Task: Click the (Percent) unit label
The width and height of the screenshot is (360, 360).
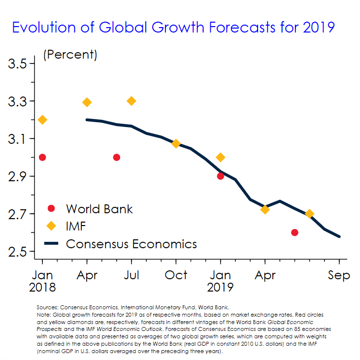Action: (x=70, y=55)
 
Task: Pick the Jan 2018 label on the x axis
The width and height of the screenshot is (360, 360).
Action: (x=42, y=280)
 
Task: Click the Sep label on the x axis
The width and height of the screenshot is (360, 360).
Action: (x=339, y=275)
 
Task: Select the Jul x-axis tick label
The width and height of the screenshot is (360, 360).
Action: (x=131, y=275)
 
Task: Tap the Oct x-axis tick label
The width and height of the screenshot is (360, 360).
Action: (x=176, y=275)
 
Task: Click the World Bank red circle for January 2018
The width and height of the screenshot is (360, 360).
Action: (x=42, y=157)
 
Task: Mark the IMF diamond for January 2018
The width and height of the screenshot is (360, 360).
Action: (x=42, y=120)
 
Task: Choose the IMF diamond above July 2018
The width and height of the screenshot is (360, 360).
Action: (x=131, y=101)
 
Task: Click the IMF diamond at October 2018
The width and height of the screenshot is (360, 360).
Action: (x=176, y=143)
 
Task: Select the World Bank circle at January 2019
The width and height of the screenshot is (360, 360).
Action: (x=221, y=176)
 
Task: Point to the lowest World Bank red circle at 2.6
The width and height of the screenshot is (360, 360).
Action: (x=295, y=232)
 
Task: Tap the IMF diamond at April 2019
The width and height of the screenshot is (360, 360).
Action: (x=265, y=209)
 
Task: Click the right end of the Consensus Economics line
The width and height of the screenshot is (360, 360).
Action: (x=339, y=236)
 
